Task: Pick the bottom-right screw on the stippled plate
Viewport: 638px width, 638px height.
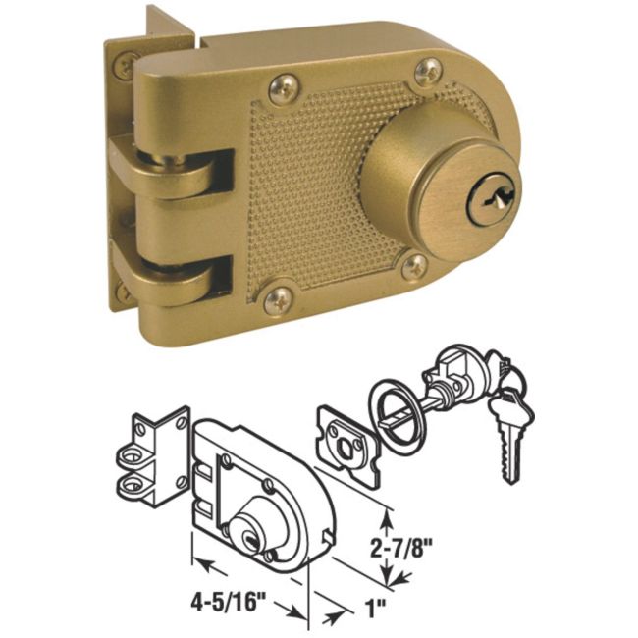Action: pos(413,266)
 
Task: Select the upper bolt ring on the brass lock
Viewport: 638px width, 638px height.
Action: pos(192,177)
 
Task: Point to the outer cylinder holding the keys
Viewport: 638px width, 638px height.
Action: pos(454,378)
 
